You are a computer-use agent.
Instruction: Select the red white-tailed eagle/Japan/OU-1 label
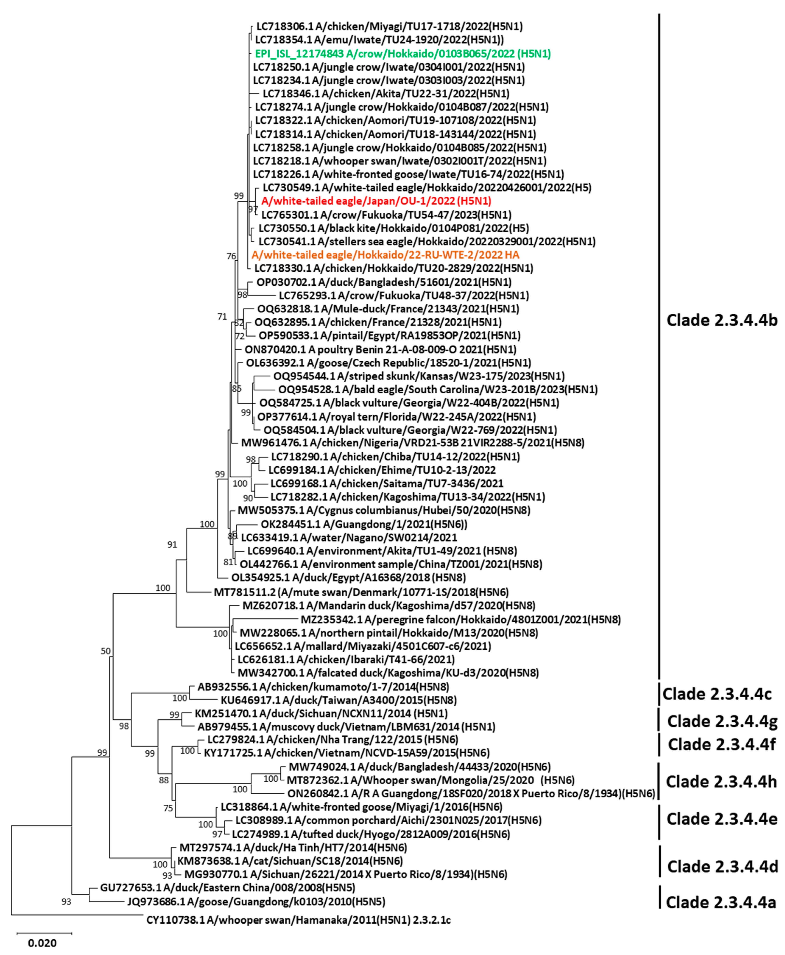tap(376, 201)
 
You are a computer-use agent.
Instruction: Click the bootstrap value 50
tap(105, 651)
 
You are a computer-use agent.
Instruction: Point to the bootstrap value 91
tap(172, 544)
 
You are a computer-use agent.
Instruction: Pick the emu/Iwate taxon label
tap(379, 40)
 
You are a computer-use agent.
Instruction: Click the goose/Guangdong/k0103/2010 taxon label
tap(256, 902)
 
